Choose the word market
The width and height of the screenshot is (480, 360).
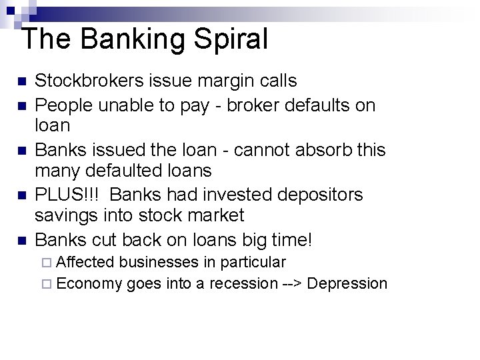click(x=212, y=215)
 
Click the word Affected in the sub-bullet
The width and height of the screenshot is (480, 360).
click(x=86, y=263)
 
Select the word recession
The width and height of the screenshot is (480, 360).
click(x=243, y=284)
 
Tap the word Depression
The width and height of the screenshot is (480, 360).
click(x=347, y=284)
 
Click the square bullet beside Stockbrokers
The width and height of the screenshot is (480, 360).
click(x=22, y=82)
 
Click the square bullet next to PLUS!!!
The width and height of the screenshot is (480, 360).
click(x=22, y=195)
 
